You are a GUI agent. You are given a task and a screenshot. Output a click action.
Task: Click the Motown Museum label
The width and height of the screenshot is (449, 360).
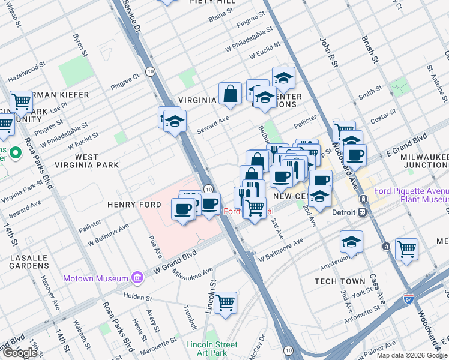[96, 278]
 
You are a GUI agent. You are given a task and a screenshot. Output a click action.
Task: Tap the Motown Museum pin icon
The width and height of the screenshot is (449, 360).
[137, 278]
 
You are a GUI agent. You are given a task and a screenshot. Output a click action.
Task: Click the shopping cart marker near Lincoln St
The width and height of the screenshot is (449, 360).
[226, 302]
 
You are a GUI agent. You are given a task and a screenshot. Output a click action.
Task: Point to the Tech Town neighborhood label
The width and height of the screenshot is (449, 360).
[340, 281]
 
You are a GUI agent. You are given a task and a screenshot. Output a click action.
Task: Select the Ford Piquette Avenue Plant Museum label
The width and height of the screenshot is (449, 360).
[411, 196]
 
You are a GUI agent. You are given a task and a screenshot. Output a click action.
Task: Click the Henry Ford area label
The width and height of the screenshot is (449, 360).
[134, 205]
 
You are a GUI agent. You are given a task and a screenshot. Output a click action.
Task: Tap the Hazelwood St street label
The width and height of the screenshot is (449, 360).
[26, 75]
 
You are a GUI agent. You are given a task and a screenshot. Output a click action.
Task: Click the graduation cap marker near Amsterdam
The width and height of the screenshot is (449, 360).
[351, 241]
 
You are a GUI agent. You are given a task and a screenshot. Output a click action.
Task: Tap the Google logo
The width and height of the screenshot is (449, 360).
[20, 353]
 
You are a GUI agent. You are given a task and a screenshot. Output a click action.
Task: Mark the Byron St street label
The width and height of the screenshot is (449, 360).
[78, 45]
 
